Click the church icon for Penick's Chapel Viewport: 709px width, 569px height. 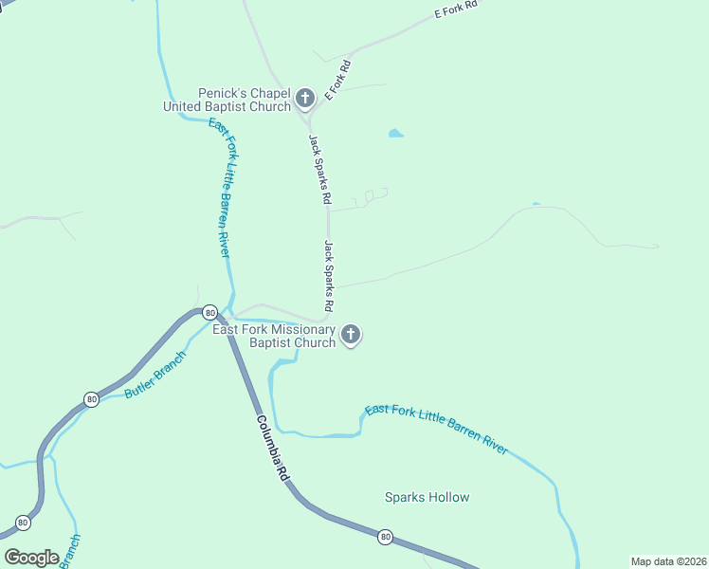tap(305, 97)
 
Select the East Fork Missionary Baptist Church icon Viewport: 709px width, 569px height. tap(351, 334)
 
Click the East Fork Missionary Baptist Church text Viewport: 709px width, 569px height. tap(274, 336)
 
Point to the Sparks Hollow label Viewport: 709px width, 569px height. tap(427, 497)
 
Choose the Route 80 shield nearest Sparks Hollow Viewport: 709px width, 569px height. tap(385, 537)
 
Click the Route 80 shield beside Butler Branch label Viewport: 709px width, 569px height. tap(91, 399)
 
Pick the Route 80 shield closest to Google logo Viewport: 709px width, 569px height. tap(23, 523)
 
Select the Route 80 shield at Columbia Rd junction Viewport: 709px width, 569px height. tap(209, 312)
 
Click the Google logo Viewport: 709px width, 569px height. tap(32, 558)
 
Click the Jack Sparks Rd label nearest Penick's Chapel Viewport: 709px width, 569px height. tap(318, 170)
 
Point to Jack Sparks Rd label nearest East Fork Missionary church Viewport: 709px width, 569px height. tap(329, 276)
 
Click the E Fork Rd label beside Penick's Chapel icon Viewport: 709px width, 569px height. tap(338, 81)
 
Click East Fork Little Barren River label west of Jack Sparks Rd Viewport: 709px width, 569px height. tap(220, 188)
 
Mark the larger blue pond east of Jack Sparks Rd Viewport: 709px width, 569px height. tap(395, 134)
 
